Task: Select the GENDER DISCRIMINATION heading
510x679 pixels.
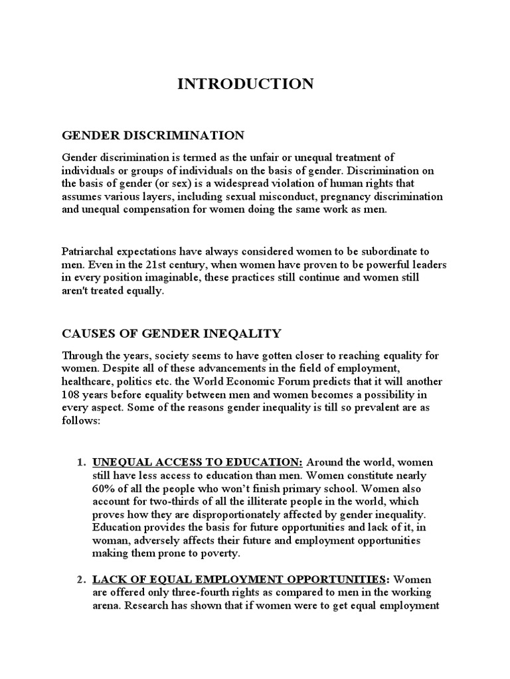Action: tap(153, 135)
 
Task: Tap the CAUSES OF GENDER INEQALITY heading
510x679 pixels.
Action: tap(171, 333)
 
